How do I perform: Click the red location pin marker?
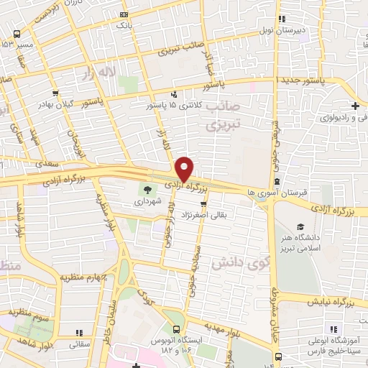coord(185,169)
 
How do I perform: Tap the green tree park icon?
coord(148,190)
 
